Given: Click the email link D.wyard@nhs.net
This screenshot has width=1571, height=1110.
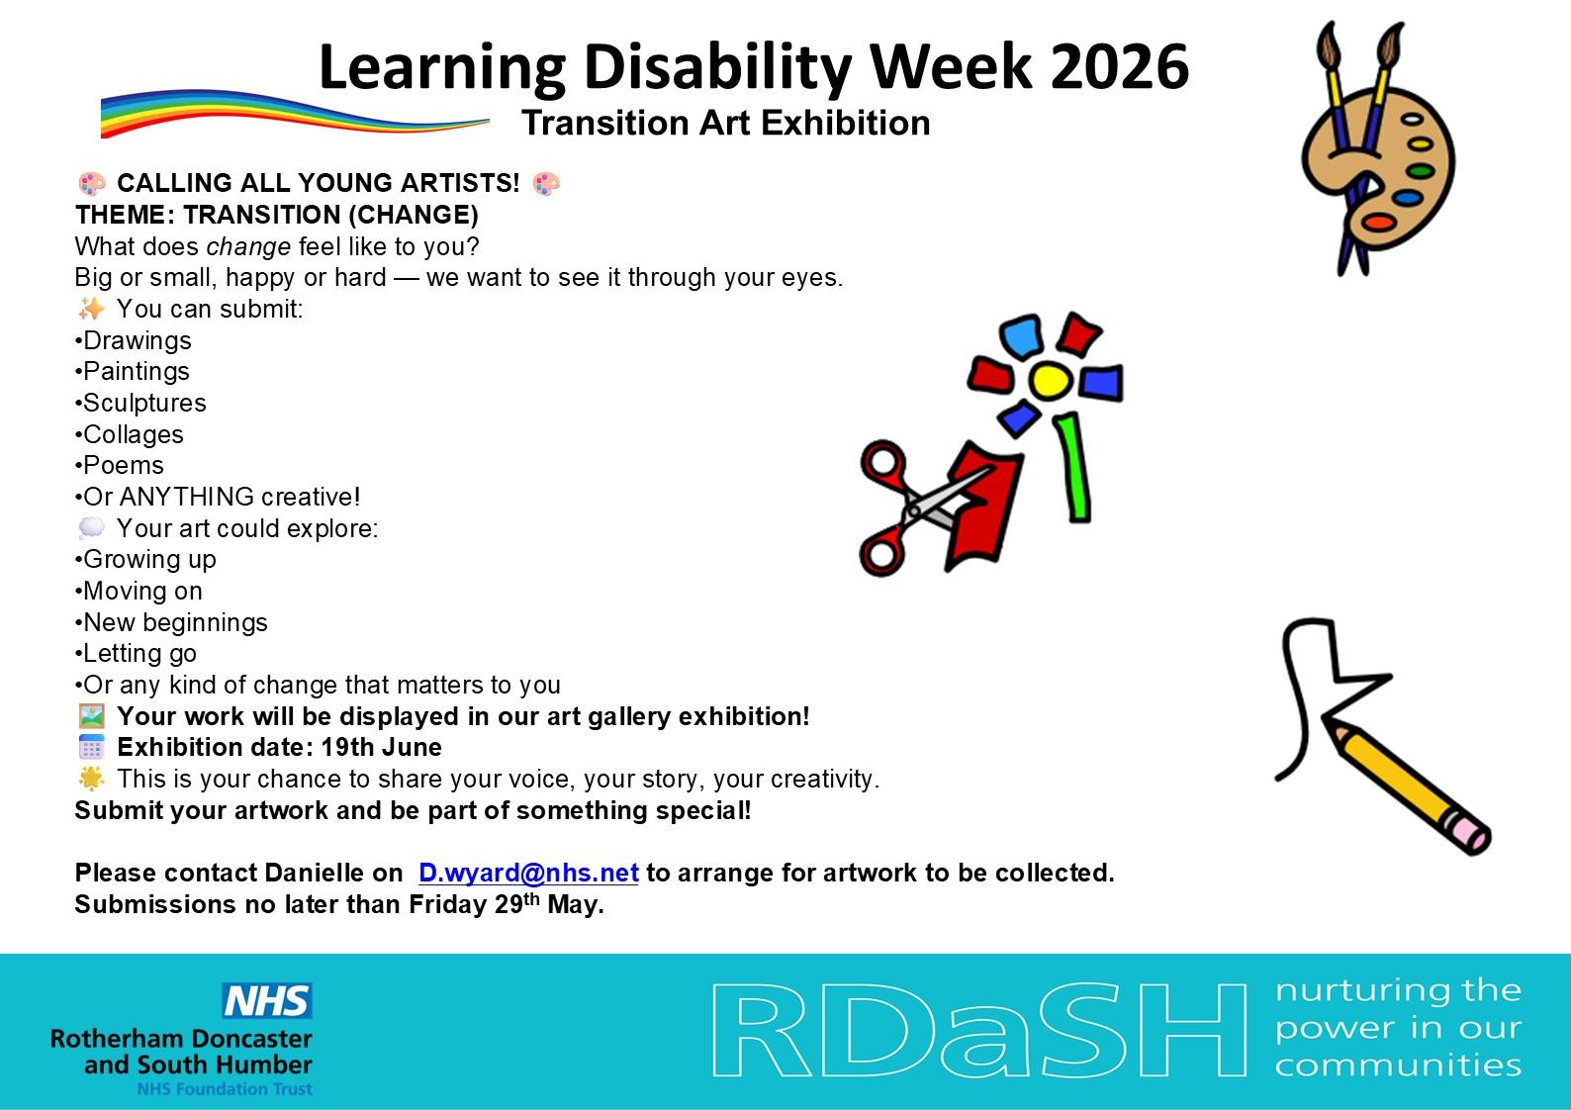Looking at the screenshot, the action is click(x=528, y=873).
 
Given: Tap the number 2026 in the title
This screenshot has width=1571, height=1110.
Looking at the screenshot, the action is click(x=1119, y=66).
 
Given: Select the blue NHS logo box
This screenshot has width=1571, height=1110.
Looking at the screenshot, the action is click(x=267, y=1000).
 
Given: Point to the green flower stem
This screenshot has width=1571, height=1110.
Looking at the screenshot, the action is click(x=1073, y=468).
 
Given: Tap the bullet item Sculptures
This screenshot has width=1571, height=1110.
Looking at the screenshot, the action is click(x=140, y=403).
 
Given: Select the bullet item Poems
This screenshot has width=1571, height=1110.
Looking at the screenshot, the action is click(x=120, y=465).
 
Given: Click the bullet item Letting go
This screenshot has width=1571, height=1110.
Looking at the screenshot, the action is click(x=136, y=654).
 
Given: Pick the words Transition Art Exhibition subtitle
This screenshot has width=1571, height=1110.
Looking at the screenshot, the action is click(x=726, y=123).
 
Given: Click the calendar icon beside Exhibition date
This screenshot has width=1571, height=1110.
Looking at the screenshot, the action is click(x=91, y=747).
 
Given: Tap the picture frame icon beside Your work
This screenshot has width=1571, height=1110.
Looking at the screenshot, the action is click(x=91, y=716).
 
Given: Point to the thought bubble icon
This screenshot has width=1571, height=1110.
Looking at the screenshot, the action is click(x=91, y=528).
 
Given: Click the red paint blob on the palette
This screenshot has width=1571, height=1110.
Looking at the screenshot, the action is click(x=1378, y=223).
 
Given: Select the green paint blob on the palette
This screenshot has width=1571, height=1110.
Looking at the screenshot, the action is click(x=1421, y=170).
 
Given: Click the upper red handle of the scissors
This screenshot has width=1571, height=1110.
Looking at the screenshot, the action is click(x=883, y=464).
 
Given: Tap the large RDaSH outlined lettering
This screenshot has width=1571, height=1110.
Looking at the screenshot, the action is click(x=979, y=1029).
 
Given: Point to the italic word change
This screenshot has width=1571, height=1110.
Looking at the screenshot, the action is click(x=248, y=246).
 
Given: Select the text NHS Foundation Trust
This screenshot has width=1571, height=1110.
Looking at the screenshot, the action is click(x=225, y=1089).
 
